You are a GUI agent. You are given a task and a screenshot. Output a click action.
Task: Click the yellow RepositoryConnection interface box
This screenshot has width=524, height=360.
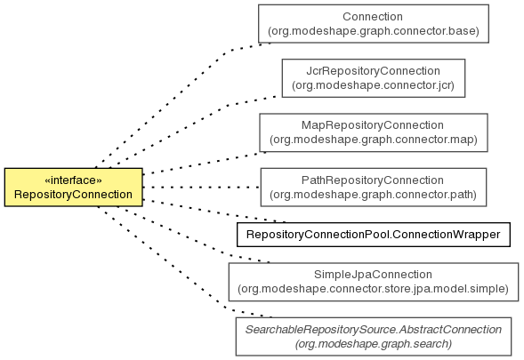tap(74, 188)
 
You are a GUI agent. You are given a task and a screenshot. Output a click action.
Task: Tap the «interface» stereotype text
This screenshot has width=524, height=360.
tap(73, 180)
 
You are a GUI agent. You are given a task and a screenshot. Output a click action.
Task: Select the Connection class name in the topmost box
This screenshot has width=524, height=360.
tap(373, 17)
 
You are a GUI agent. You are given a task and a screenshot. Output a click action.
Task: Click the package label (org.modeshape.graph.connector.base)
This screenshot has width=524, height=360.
tap(374, 31)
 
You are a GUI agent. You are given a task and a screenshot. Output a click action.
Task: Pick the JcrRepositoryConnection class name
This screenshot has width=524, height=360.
tap(374, 71)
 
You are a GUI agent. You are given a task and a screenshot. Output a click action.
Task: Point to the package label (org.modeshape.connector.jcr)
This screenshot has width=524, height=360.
tap(374, 85)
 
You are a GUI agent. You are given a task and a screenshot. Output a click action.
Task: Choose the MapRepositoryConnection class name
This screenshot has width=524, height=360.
tap(373, 125)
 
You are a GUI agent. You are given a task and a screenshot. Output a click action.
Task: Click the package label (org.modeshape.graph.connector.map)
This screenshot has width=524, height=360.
tap(374, 140)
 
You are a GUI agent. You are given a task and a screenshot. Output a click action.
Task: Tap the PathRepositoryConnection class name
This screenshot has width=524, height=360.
tap(373, 180)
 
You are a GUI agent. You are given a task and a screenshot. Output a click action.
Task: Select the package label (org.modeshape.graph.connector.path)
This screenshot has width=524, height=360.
tap(374, 195)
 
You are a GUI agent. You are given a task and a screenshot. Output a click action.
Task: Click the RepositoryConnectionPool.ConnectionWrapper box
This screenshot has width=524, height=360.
tap(374, 235)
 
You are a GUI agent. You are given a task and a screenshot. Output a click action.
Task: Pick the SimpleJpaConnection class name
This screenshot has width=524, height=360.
tap(373, 275)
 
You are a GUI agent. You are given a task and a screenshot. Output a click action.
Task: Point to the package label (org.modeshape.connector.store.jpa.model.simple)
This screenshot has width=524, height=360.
tap(374, 289)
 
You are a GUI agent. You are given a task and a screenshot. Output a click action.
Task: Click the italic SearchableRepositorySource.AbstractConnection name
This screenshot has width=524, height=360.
tap(374, 330)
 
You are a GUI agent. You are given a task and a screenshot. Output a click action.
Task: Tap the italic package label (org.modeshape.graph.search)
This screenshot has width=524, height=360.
tap(374, 344)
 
